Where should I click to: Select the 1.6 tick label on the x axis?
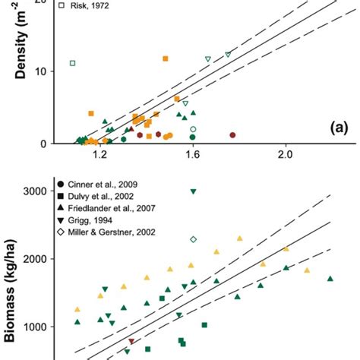[193, 155]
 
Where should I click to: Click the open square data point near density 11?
[72, 63]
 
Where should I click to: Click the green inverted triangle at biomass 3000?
[194, 191]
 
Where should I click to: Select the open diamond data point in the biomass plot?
[194, 239]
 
